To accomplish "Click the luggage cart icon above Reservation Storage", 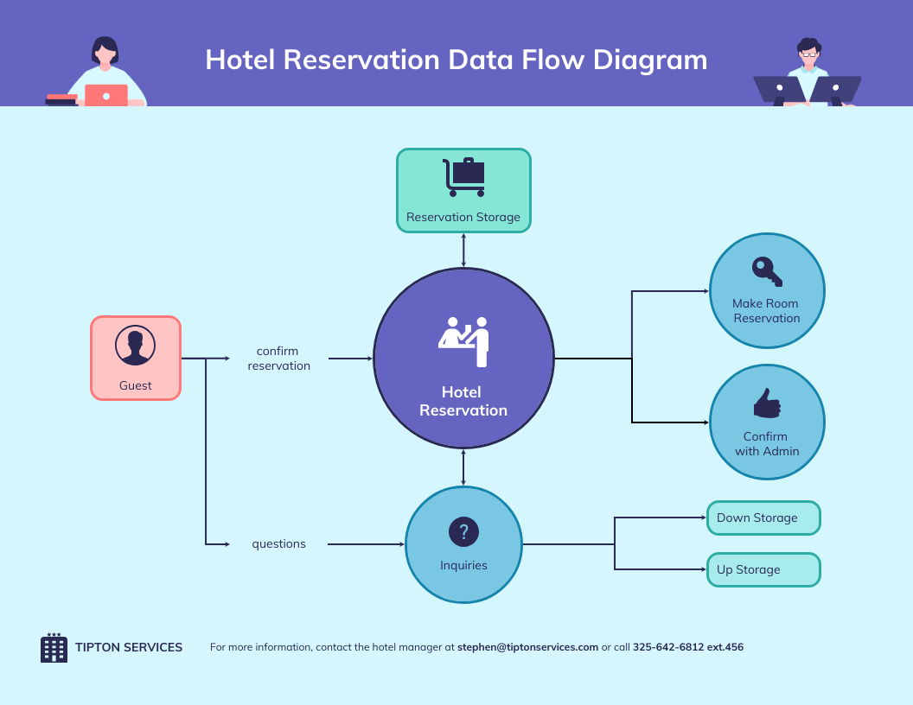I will click(463, 177).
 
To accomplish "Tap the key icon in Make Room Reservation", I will click(766, 270).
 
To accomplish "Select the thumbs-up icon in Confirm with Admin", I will click(767, 403).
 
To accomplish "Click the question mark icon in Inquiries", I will click(463, 531).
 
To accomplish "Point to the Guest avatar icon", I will click(135, 346).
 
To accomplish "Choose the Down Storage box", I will click(763, 518).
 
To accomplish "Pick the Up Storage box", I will click(763, 570).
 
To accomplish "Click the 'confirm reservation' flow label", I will click(278, 359).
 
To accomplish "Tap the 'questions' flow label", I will click(278, 544).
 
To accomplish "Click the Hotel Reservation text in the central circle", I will click(463, 402).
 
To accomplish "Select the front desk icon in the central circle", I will click(464, 340).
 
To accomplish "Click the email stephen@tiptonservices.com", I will click(527, 647).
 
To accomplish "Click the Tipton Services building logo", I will click(54, 648).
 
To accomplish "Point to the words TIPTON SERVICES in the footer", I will click(129, 647).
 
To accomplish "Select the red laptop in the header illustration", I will click(106, 95).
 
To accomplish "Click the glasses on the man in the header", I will click(808, 54).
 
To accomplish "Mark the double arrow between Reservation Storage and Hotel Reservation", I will click(463, 250).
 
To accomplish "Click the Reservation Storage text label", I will click(463, 218).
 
